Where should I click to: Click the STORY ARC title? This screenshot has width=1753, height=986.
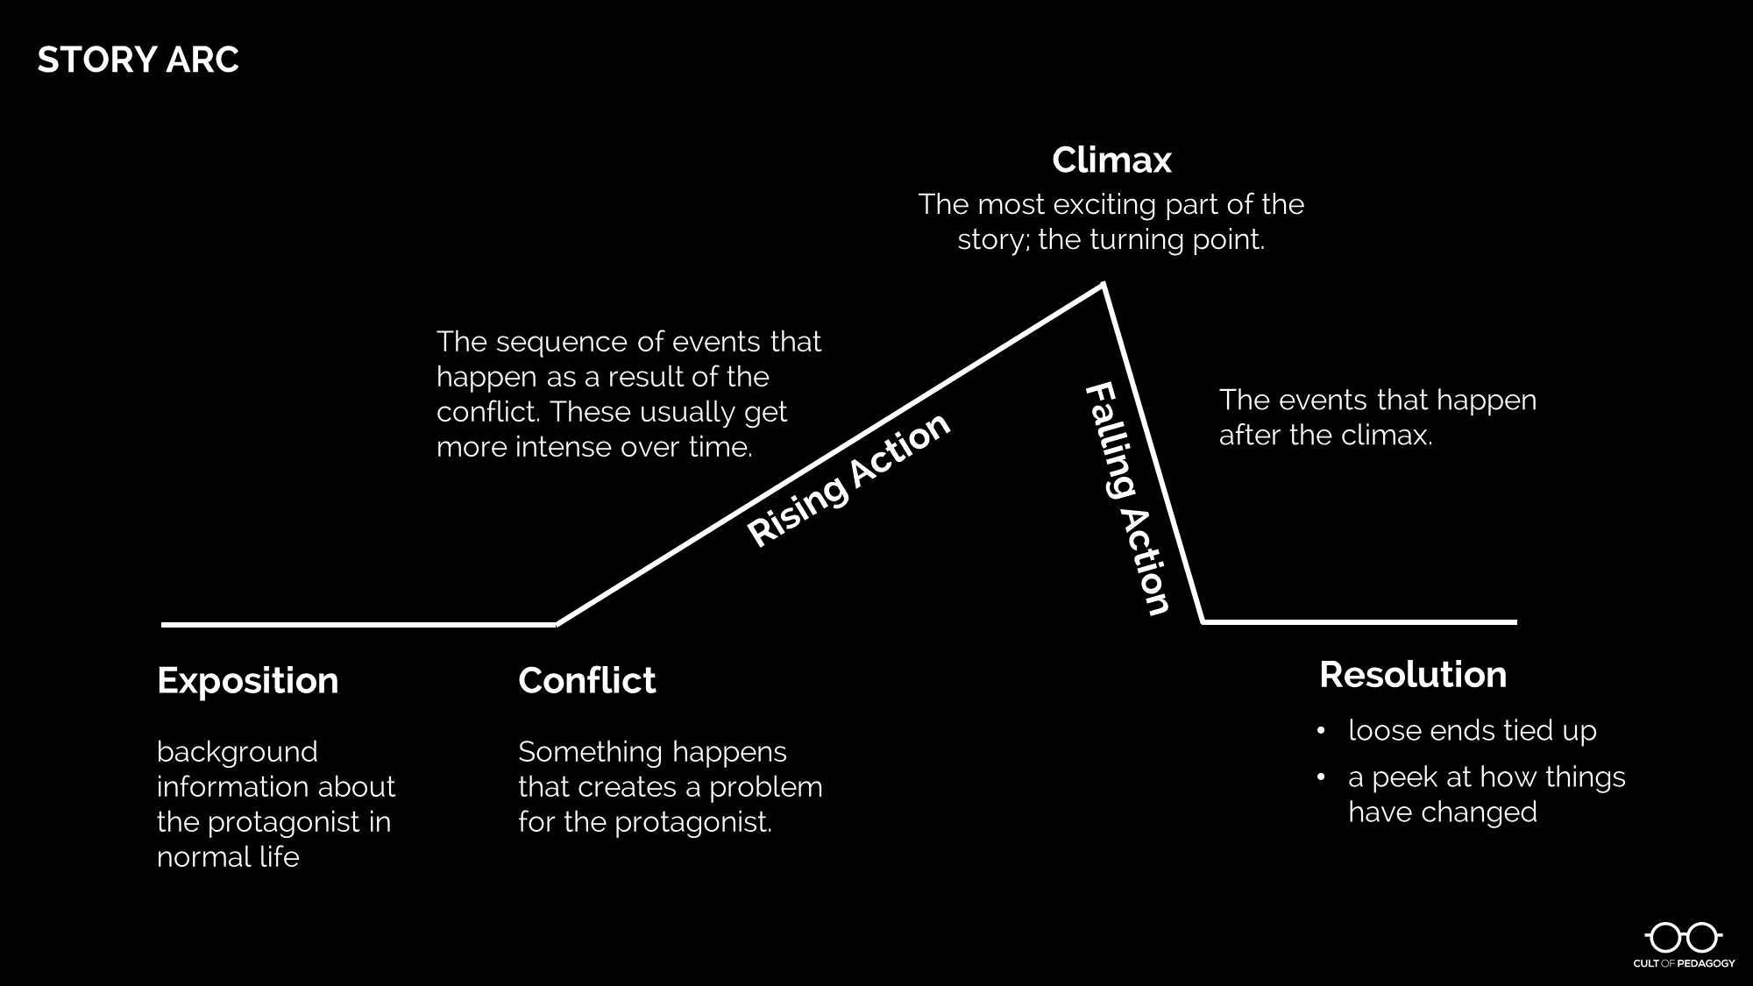point(138,60)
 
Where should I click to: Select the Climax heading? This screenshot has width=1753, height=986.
point(1111,160)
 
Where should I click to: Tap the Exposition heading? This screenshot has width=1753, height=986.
point(247,681)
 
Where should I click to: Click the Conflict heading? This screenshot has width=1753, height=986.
point(586,681)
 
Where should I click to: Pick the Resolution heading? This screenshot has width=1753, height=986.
point(1413,675)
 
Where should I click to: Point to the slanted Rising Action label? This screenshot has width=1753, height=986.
point(848,479)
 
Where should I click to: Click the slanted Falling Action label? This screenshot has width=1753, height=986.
point(1127,499)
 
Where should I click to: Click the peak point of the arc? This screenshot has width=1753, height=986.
point(1103,284)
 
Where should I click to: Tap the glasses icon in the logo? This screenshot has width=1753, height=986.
point(1683,938)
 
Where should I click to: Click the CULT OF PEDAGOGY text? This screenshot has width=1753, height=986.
point(1683,963)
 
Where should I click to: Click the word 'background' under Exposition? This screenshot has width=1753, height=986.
point(237,752)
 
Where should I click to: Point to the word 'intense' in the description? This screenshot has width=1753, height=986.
point(564,447)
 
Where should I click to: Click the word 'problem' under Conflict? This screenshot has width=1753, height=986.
point(765,787)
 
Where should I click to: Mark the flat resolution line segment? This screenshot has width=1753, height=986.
point(1359,621)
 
